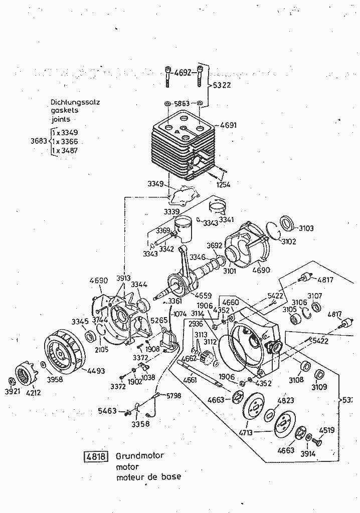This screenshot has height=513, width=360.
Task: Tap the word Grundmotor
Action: coord(140,456)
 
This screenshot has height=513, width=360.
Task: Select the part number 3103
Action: coord(306,228)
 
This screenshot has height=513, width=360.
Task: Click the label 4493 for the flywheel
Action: coord(96,371)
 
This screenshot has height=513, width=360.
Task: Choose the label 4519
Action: coord(326,430)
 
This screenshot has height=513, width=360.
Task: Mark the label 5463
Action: coord(107,411)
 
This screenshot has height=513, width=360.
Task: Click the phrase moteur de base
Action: coord(148,477)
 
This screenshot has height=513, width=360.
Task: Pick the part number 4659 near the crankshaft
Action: coord(203,295)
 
